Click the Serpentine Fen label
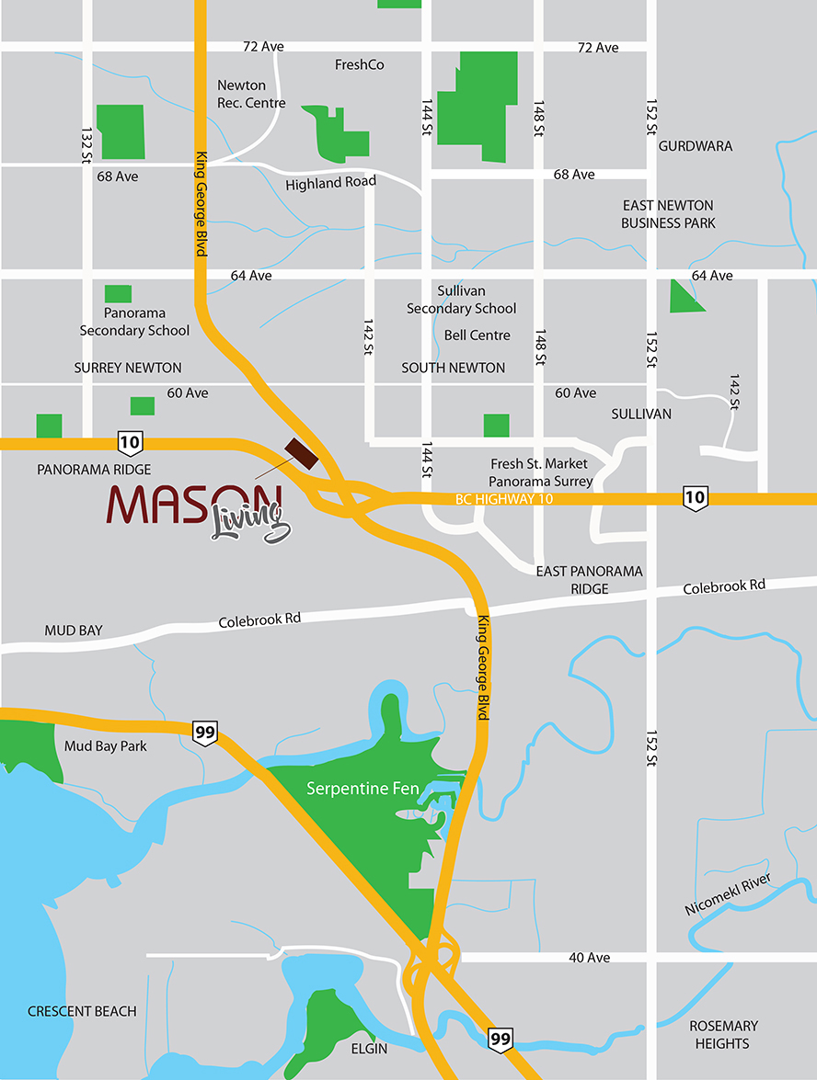tap(362, 789)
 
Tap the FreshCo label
tap(359, 65)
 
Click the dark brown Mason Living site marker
tap(301, 453)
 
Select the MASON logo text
tap(191, 504)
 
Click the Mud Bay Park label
tap(106, 745)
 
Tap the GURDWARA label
tap(695, 146)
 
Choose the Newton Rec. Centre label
tap(250, 94)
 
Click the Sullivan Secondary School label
tap(462, 300)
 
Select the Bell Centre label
tap(477, 335)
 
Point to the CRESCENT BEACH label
tap(82, 1011)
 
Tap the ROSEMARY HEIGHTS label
tap(722, 1034)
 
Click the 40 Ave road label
tap(589, 958)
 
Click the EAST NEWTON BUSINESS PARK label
tap(667, 214)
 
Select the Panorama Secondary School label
tap(134, 322)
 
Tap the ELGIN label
tap(368, 1048)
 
